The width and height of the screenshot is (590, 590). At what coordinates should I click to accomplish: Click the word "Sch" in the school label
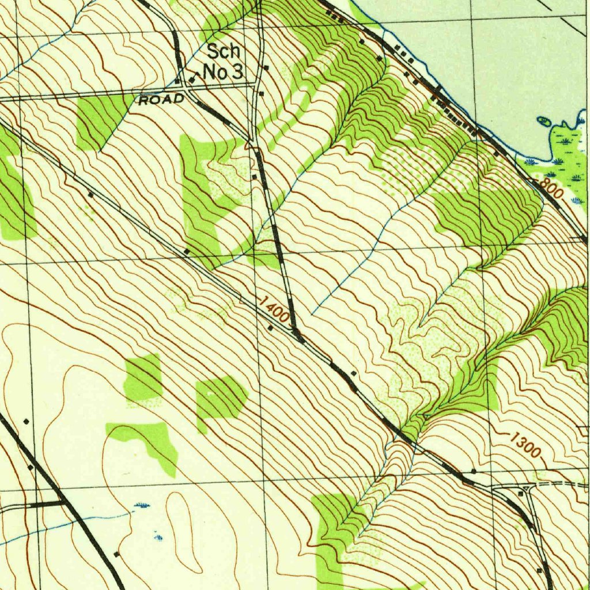tap(223, 51)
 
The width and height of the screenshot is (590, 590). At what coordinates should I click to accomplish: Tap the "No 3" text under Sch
tap(224, 72)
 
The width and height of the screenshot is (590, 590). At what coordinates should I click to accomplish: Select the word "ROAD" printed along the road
tap(161, 99)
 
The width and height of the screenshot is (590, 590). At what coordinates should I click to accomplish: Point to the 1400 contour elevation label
tap(274, 309)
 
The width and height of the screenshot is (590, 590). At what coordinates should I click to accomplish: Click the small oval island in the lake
tap(543, 120)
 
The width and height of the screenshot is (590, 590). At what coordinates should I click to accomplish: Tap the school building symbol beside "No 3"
tap(192, 76)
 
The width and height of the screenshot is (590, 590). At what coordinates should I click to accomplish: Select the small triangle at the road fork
tap(297, 334)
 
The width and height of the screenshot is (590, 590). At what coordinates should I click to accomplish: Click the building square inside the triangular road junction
tap(521, 494)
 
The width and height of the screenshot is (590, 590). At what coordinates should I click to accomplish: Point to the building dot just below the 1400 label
tap(271, 328)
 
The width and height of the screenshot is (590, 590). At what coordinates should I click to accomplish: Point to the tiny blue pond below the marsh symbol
tap(158, 537)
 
